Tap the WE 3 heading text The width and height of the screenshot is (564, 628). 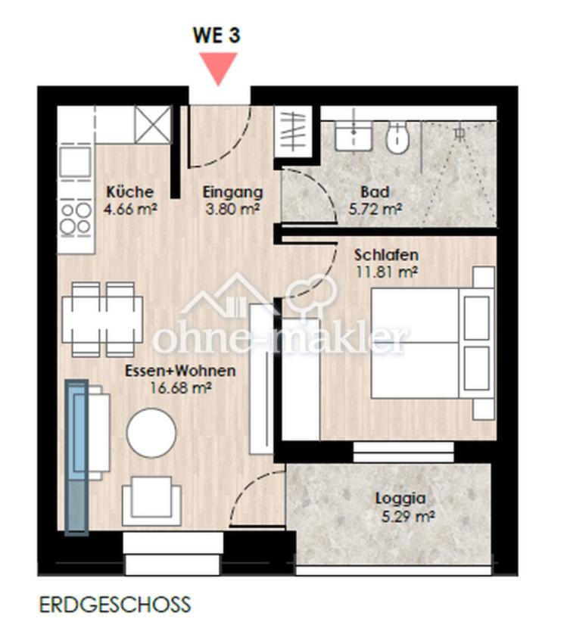(x=217, y=35)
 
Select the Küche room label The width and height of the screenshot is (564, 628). (x=130, y=191)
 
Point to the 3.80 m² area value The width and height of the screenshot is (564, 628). (x=232, y=209)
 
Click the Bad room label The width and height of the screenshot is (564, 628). (x=375, y=191)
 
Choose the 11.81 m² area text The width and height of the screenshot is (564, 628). (x=387, y=272)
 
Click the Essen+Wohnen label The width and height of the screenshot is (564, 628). (x=180, y=371)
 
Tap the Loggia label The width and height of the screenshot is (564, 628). (x=400, y=499)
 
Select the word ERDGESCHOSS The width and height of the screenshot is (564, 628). (x=115, y=605)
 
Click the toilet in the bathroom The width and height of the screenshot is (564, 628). (x=397, y=137)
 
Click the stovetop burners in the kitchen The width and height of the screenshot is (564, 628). (x=76, y=219)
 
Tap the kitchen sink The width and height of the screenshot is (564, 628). (x=76, y=162)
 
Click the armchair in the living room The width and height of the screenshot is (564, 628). (x=151, y=501)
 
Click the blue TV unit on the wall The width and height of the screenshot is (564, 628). (x=76, y=458)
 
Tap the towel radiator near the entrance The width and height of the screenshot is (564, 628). (x=294, y=132)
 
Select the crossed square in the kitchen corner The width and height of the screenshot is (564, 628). (x=153, y=124)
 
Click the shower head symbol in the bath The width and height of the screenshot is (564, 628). (x=460, y=134)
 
